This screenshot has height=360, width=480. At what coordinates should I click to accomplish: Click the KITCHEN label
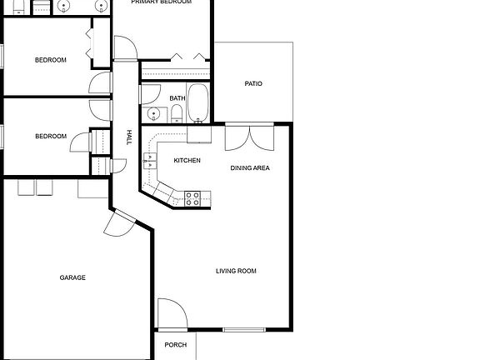187,160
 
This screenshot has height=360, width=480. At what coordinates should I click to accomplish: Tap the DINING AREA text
250,168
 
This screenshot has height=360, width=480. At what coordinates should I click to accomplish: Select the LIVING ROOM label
236,271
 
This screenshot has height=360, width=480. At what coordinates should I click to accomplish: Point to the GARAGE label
72,277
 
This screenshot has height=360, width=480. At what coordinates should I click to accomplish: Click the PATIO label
253,83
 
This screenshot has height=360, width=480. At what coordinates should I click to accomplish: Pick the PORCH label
175,345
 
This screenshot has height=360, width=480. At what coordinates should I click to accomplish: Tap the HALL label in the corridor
128,137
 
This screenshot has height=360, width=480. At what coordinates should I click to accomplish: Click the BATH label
177,98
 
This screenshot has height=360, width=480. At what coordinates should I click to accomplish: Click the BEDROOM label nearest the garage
51,137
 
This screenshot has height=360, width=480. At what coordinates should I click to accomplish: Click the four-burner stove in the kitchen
192,198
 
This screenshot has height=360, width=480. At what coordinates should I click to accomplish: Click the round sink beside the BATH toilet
153,114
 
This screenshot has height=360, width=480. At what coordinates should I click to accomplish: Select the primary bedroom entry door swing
125,48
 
